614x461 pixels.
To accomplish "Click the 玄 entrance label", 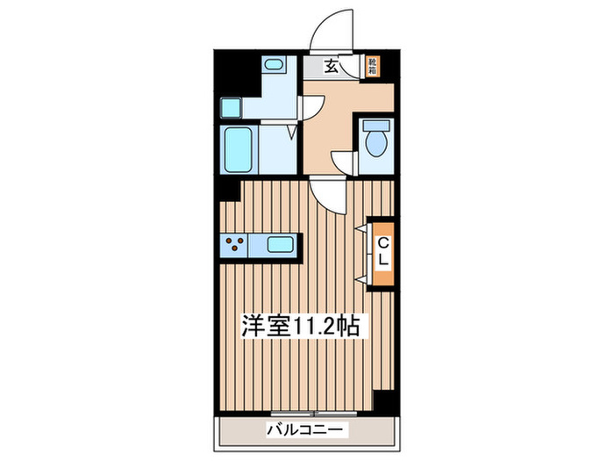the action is [x=331, y=67].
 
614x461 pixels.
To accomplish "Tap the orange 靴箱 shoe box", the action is [x=373, y=66].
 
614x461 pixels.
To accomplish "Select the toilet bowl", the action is [x=376, y=143].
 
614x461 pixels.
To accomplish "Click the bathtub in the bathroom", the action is [x=238, y=150].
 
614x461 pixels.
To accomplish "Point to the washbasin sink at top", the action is [x=274, y=64].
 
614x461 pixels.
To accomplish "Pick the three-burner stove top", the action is [x=234, y=245].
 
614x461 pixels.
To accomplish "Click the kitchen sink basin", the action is [x=280, y=245].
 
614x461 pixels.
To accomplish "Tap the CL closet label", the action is [x=382, y=253].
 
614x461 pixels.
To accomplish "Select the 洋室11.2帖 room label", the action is [x=300, y=326].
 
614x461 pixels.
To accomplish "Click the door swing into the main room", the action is [x=328, y=195].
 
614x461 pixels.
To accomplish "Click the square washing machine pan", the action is [x=231, y=107].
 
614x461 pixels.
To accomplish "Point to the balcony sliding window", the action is [x=314, y=414].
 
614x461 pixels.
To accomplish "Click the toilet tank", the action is [x=376, y=126].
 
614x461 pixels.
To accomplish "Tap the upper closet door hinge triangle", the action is [x=361, y=228].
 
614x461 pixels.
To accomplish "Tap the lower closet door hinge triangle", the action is [x=361, y=279].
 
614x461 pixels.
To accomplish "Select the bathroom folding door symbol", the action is [x=292, y=132].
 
